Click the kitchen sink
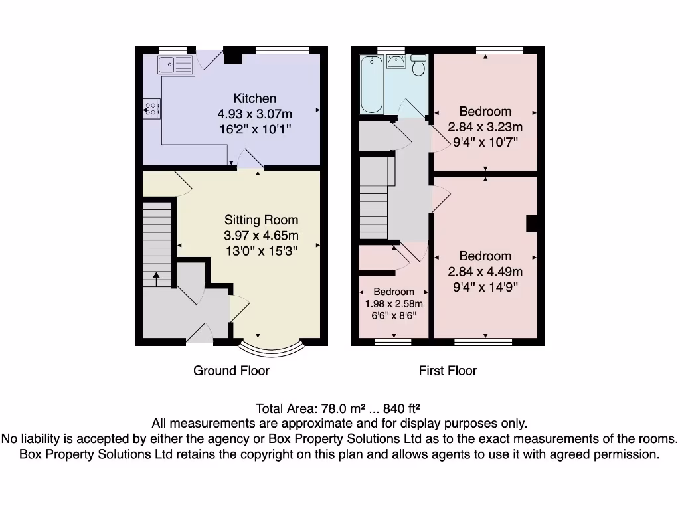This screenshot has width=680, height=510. (175, 65)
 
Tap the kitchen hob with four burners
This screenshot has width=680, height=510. (152, 108)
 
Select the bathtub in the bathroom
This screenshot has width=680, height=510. (372, 84)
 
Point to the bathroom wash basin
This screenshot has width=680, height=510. (397, 64)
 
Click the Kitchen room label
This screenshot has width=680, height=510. (254, 98)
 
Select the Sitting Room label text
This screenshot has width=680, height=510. (261, 220)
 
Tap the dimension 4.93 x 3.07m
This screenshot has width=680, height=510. (254, 113)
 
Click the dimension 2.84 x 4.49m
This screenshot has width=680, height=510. (485, 271)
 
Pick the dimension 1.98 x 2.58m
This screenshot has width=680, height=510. (394, 303)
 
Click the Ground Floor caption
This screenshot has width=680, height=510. (231, 371)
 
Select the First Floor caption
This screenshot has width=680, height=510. (448, 371)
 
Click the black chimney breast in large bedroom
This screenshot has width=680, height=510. (531, 224)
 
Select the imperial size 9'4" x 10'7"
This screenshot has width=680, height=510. (485, 141)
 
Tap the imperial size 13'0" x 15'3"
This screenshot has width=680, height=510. (261, 250)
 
